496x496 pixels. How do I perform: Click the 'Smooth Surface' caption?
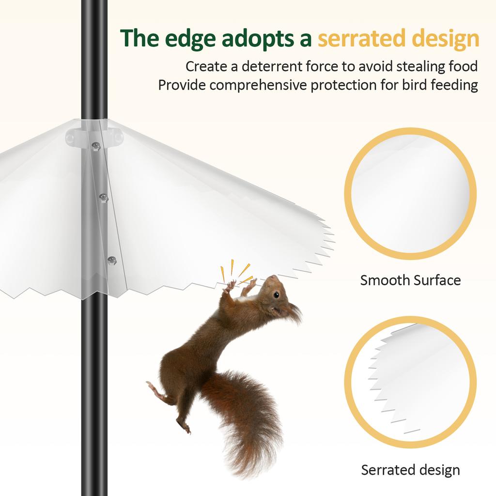[410, 280]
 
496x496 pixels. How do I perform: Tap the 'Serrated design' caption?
[410, 469]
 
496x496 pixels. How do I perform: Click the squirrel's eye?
[276, 294]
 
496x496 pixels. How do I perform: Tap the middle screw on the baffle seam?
[103, 197]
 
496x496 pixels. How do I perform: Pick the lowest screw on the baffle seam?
[112, 260]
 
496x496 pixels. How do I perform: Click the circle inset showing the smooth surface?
[410, 194]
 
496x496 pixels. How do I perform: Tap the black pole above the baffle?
[94, 58]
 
